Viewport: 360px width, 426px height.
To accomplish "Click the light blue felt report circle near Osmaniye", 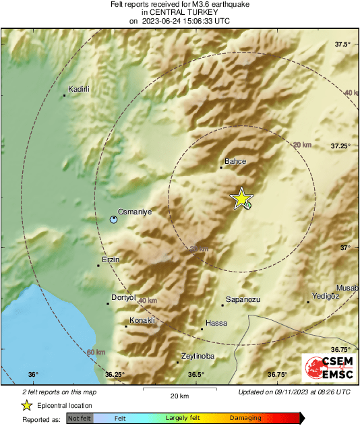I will coord(114,218).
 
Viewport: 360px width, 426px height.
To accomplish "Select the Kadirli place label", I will coord(80,89).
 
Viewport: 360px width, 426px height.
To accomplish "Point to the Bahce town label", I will coord(235,162).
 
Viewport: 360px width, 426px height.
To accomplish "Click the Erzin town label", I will coord(110,260).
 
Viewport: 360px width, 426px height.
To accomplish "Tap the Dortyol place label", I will coord(123,297).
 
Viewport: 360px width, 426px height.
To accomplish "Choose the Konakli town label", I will coord(142,320).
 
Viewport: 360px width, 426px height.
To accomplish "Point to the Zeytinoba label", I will coord(198,356).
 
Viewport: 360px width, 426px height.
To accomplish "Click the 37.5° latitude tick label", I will coord(343,44).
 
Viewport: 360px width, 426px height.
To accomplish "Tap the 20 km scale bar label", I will coord(179,396).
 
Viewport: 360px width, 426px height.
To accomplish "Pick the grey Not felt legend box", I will coord(80,419).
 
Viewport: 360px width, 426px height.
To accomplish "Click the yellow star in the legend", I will coord(26,405).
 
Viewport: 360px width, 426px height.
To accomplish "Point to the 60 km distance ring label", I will coord(96,352).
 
